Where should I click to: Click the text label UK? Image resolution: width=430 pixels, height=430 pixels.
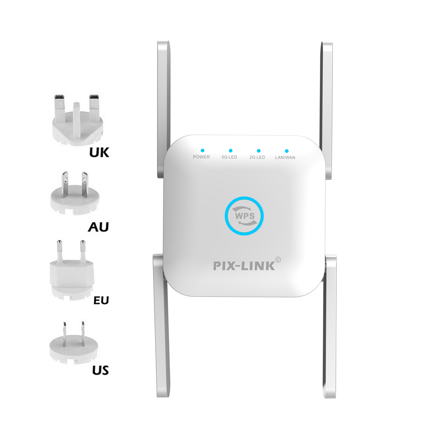[x=99, y=152]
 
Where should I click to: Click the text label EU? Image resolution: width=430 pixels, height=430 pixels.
[x=101, y=299]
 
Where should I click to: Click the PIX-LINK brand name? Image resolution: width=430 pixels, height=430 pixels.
[x=244, y=266]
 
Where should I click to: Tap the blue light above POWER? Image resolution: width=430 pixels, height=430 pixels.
[x=202, y=150]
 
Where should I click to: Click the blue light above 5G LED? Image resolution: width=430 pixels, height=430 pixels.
[x=230, y=150]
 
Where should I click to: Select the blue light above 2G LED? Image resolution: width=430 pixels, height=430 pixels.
[x=258, y=150]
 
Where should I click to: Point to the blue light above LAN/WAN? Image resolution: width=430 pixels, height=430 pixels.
[x=285, y=150]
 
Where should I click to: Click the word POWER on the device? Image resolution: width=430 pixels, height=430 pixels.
[x=201, y=157]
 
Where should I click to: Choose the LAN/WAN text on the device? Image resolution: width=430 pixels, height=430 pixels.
[x=285, y=157]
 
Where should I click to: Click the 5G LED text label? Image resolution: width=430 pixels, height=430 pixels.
[x=229, y=157]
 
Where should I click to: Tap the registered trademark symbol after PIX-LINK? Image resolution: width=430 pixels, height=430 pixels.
[x=278, y=259]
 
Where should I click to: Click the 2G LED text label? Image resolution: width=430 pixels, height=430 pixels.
[x=258, y=157]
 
